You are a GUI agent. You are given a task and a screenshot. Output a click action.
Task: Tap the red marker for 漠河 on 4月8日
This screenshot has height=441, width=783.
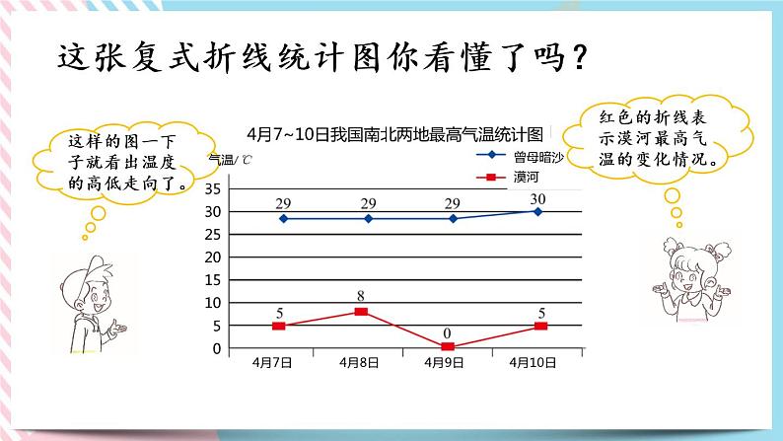361,312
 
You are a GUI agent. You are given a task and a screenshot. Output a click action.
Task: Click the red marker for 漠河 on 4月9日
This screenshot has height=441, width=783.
448,346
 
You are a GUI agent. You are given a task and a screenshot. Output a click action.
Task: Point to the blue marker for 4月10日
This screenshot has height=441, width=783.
536,211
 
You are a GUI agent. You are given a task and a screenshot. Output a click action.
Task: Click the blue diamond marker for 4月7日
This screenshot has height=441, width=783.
283,218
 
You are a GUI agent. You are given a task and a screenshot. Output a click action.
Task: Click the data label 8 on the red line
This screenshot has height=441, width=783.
362,296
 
